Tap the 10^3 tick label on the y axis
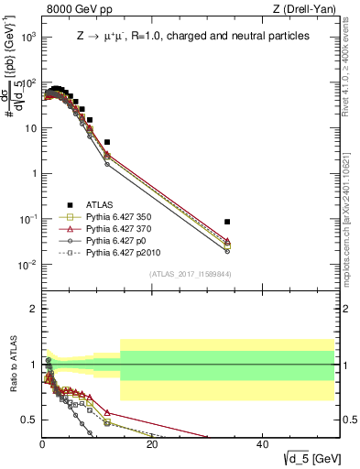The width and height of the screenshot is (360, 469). click(27, 37)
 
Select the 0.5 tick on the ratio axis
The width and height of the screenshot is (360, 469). click(27, 420)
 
